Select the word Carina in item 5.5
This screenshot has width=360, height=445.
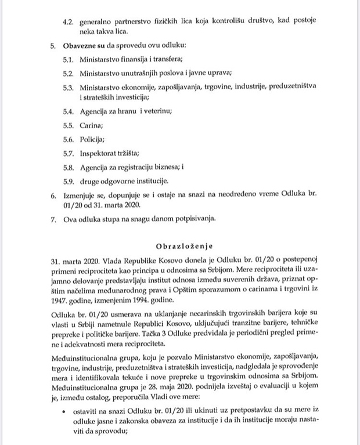(91, 125)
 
